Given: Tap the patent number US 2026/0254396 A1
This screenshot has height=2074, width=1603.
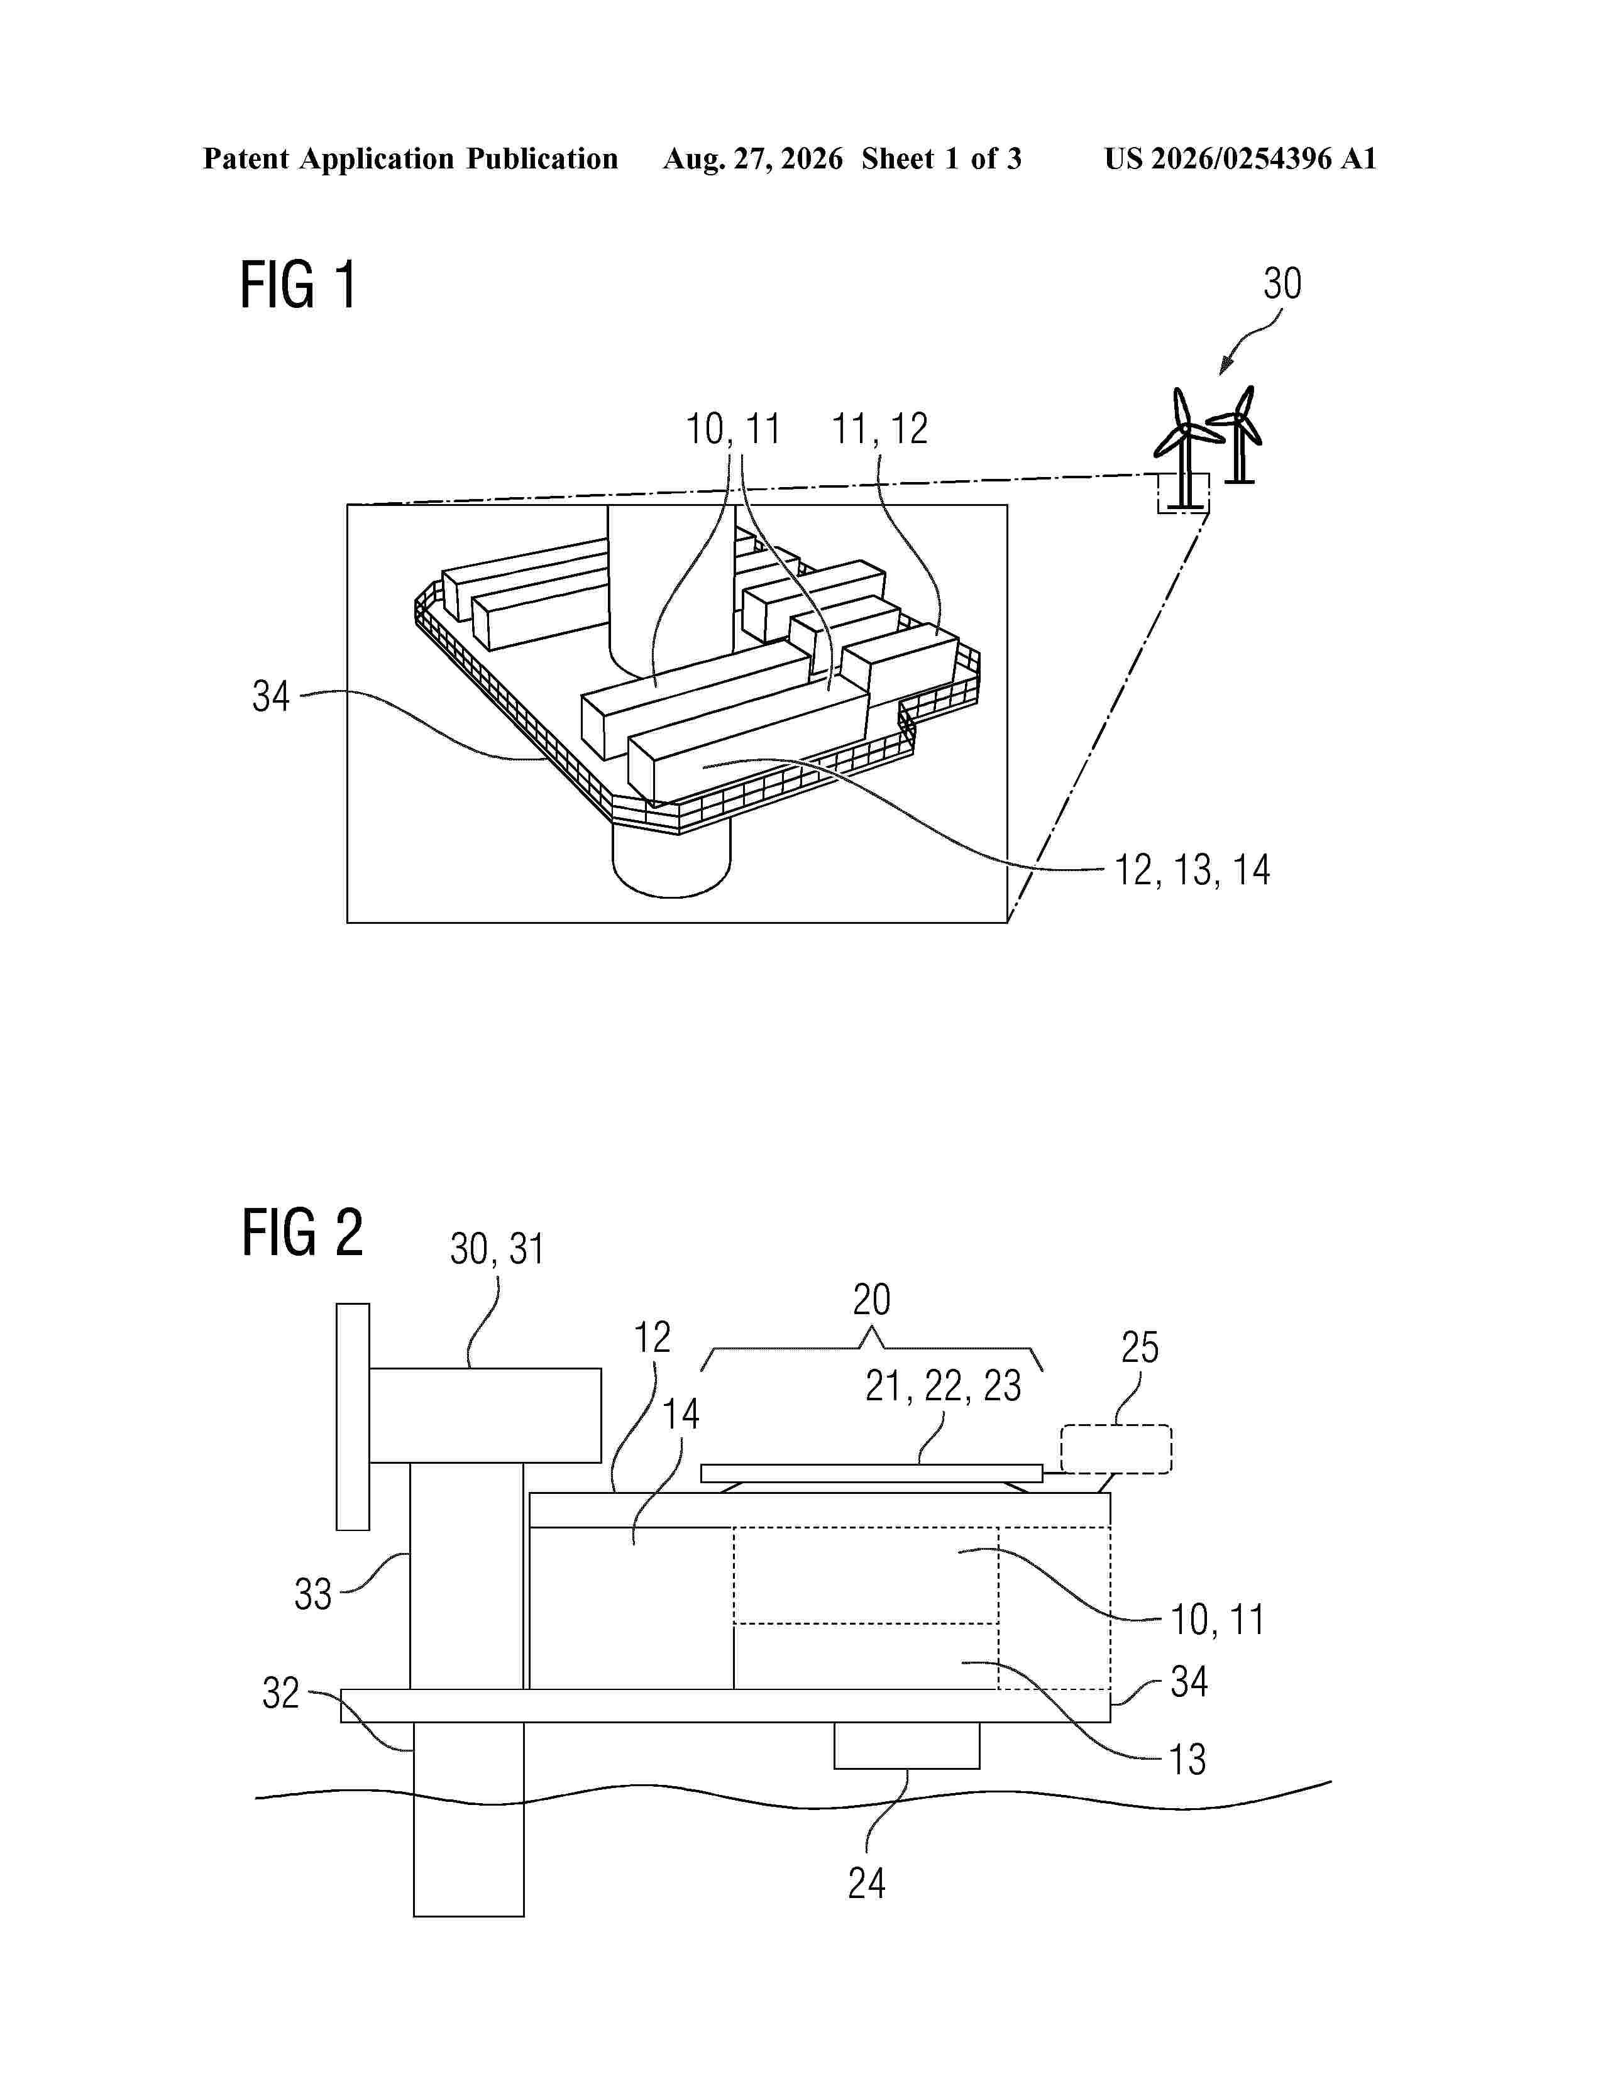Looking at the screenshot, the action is click(1240, 158).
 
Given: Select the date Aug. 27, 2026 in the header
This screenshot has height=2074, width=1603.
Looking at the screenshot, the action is click(753, 158).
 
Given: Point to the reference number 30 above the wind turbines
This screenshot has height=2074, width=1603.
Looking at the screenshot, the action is click(1282, 284).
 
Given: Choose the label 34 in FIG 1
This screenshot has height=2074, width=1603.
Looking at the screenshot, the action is click(271, 696).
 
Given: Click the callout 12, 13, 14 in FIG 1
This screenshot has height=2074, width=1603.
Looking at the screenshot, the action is click(1192, 870).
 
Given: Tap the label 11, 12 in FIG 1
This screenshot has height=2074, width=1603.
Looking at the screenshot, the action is click(880, 429).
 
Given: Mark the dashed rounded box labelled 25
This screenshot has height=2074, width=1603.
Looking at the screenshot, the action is click(1116, 1450).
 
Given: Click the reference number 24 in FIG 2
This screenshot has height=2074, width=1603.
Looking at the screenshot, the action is click(866, 1883).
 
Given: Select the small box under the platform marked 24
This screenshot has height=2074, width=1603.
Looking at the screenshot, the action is click(907, 1745).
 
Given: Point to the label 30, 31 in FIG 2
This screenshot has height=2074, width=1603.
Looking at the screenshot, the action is click(497, 1249).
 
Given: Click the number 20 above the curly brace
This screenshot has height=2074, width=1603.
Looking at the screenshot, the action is click(872, 1299).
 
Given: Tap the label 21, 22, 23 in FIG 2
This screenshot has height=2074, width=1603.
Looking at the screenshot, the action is click(943, 1386).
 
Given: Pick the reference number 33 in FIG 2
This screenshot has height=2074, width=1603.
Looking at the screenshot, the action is click(312, 1594).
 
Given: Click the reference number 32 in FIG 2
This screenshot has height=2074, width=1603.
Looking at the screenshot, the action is click(281, 1693).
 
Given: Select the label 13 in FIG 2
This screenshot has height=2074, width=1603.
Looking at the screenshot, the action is click(1187, 1760).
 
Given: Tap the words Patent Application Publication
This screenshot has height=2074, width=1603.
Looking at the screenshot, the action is click(410, 158).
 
